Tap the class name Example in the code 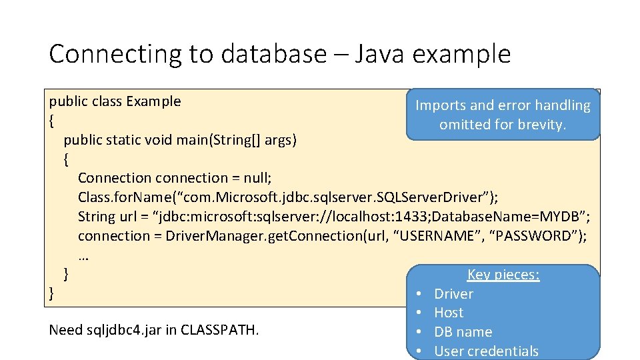(x=153, y=101)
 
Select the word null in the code (x=256, y=178)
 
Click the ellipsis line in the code (x=84, y=255)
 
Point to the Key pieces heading (x=503, y=275)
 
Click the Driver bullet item (x=453, y=294)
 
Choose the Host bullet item (x=449, y=313)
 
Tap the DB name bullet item (x=463, y=332)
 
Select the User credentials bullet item (x=486, y=351)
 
